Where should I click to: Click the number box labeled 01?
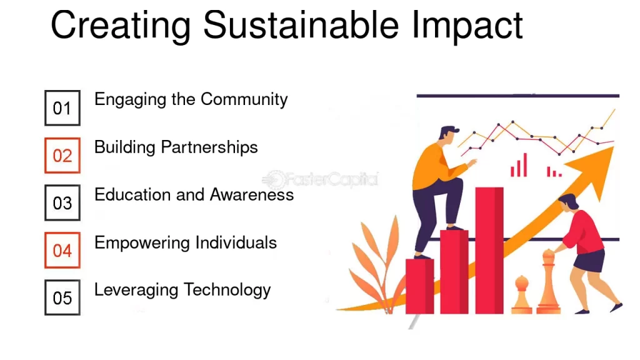(62, 107)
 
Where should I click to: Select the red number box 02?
(62, 156)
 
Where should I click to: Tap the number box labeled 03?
(62, 203)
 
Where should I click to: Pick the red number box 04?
(62, 250)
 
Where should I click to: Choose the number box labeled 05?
(62, 297)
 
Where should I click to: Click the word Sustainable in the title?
(301, 25)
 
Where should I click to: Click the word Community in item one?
(244, 100)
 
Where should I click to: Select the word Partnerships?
(209, 147)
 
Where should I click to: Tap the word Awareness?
(251, 195)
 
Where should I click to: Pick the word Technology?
(227, 291)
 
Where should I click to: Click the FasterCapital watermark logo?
(320, 179)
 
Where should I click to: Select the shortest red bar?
(419, 286)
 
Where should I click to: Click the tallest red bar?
(489, 251)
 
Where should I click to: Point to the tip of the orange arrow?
(613, 147)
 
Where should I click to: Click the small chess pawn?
(522, 295)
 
